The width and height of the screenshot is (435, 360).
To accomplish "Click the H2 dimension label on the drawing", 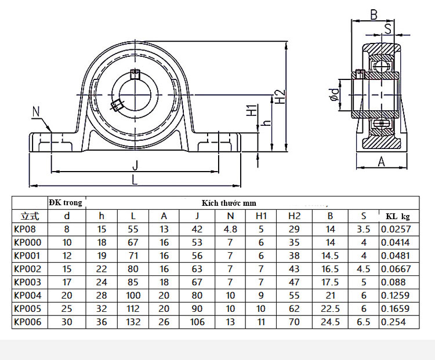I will coord(280,96).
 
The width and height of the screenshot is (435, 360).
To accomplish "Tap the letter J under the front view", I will coord(135,165).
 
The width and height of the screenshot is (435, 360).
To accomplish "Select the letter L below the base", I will coord(135,180).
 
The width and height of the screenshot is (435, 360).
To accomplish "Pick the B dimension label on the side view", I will coord(374,14).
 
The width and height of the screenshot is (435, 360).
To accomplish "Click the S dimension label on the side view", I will coord(387,28).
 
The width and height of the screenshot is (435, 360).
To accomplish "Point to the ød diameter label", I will coord(333,95).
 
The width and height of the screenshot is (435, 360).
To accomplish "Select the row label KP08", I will coord(24,229).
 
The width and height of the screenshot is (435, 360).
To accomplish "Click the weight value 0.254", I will coord(394,322).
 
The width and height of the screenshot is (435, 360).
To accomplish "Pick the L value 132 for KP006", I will coord(133,322).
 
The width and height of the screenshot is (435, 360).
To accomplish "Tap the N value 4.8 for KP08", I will coord(230,229).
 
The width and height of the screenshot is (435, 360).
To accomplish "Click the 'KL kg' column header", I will coord(398,216).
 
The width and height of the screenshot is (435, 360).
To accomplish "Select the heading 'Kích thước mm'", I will coord(229,203).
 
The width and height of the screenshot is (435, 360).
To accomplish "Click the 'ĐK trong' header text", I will coord(66,202).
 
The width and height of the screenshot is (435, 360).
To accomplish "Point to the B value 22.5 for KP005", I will coord(330,309).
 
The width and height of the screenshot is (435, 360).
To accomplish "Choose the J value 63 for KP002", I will coord(197,269).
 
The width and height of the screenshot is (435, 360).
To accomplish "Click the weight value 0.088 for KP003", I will coord(393,282).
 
